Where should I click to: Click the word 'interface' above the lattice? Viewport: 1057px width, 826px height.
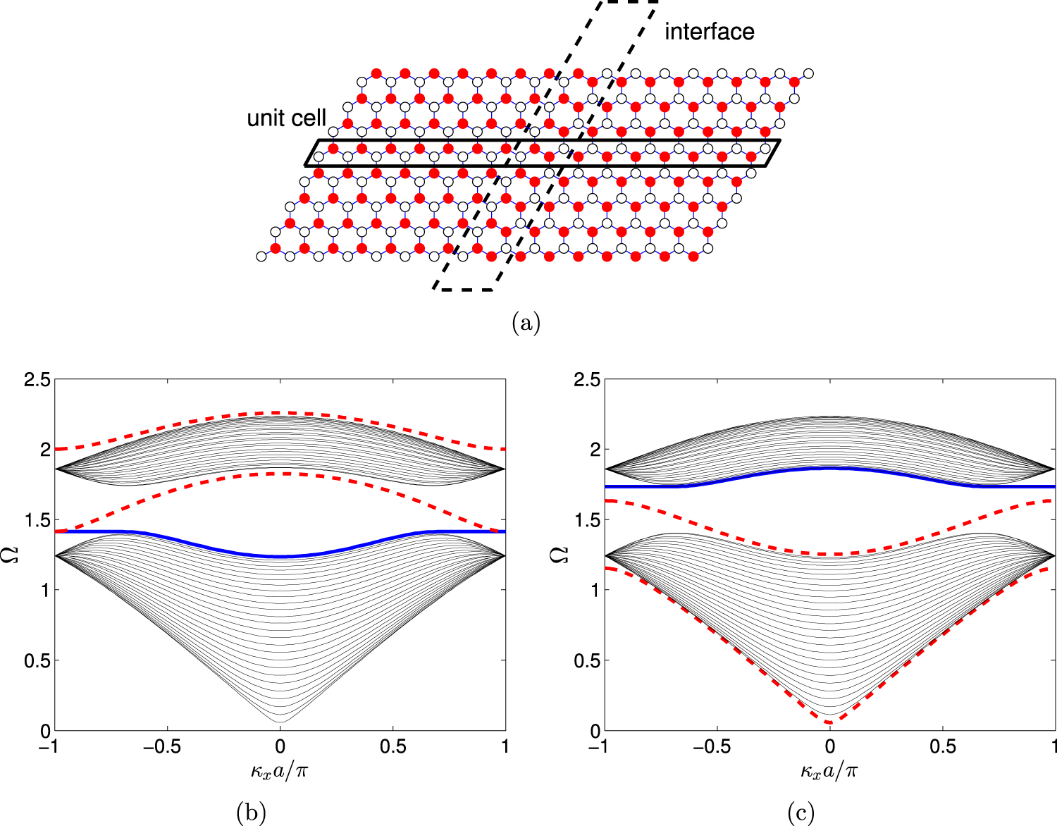pyautogui.click(x=709, y=32)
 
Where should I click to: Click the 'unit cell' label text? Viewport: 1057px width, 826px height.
pyautogui.click(x=286, y=118)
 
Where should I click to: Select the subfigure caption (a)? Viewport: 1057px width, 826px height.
pyautogui.click(x=526, y=323)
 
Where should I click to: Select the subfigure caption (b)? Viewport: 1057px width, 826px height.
pyautogui.click(x=252, y=813)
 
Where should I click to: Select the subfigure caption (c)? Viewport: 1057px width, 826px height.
pyautogui.click(x=801, y=813)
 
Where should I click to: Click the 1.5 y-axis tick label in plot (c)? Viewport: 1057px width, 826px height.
pyautogui.click(x=584, y=520)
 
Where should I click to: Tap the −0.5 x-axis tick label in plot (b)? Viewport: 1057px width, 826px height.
pyautogui.click(x=167, y=748)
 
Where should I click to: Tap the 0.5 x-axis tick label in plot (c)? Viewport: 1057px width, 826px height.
pyautogui.click(x=943, y=748)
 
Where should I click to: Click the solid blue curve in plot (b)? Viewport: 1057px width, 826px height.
pyautogui.click(x=280, y=557)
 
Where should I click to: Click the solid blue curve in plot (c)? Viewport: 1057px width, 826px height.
pyautogui.click(x=830, y=468)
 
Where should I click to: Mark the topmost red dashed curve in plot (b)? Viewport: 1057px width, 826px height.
pyautogui.click(x=280, y=413)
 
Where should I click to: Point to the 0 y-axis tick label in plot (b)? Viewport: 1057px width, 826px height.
pyautogui.click(x=44, y=731)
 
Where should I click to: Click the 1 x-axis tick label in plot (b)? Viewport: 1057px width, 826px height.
pyautogui.click(x=505, y=748)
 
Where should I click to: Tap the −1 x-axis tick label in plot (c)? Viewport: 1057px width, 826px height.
pyautogui.click(x=600, y=748)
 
